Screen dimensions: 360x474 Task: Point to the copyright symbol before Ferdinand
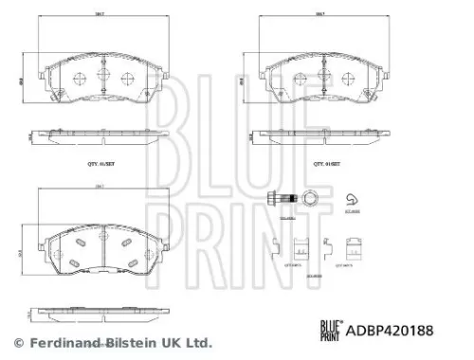pos(17,342)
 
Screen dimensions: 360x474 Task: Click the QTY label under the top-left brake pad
pos(100,163)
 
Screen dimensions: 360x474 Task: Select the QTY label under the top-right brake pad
pos(326,163)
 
